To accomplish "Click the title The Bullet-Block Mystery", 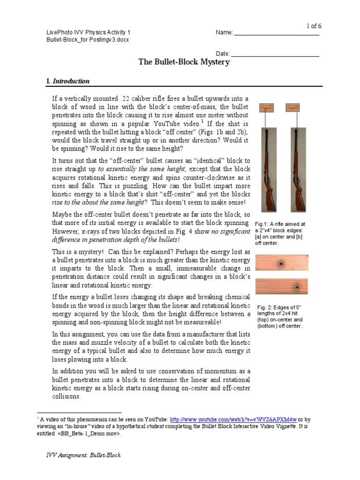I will pyautogui.click(x=184, y=62).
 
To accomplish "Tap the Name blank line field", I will pyautogui.click(x=277, y=33).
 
